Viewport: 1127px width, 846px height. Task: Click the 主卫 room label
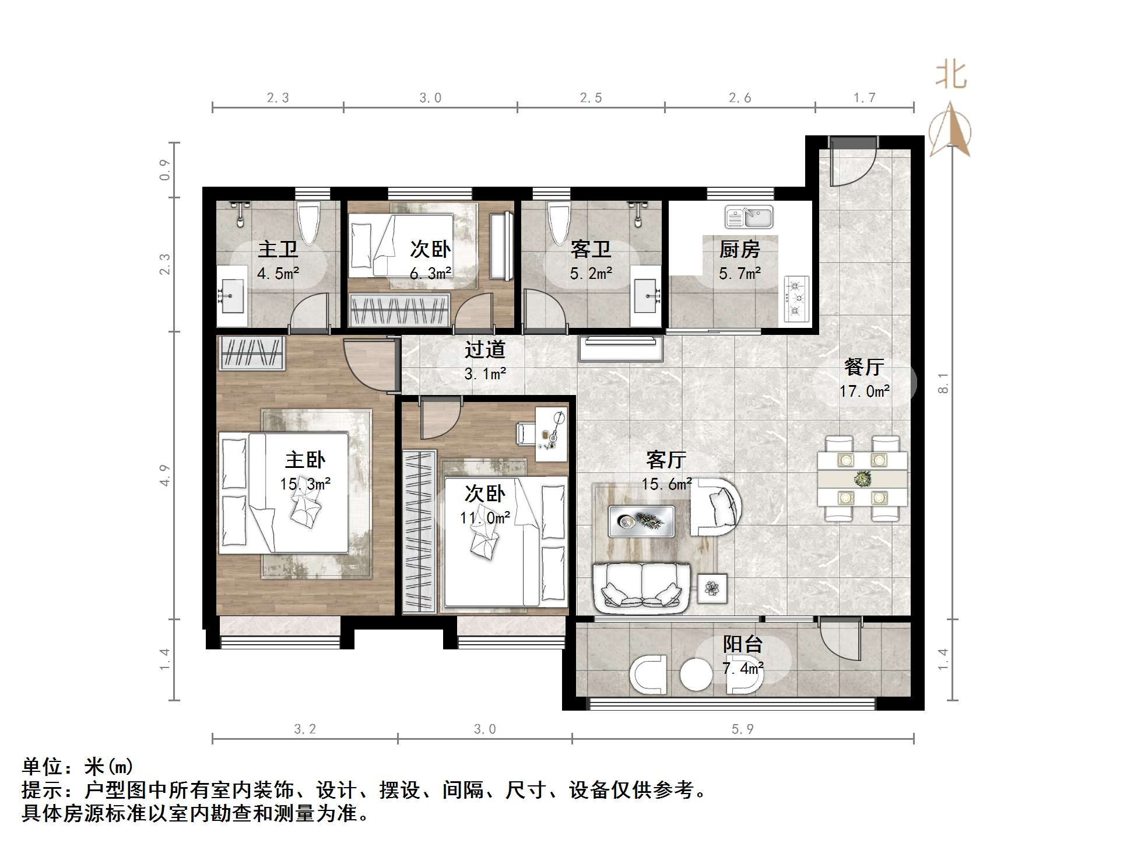pyautogui.click(x=278, y=250)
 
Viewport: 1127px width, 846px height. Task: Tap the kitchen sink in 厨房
pyautogui.click(x=749, y=217)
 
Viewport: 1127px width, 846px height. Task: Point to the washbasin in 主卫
pyautogui.click(x=232, y=296)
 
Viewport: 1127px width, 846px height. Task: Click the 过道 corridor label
pyautogui.click(x=484, y=349)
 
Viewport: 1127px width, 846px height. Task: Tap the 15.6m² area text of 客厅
pyautogui.click(x=666, y=484)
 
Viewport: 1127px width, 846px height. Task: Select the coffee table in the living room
pyautogui.click(x=641, y=520)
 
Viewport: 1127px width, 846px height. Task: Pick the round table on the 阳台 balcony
pyautogui.click(x=696, y=675)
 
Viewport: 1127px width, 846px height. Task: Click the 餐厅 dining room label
pyautogui.click(x=863, y=367)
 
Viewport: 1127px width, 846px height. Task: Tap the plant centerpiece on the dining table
pyautogui.click(x=862, y=479)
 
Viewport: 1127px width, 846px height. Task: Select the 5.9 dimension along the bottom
pyautogui.click(x=742, y=729)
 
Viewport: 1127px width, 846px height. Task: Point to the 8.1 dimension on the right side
pyautogui.click(x=943, y=383)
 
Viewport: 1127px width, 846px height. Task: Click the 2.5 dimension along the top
pyautogui.click(x=591, y=98)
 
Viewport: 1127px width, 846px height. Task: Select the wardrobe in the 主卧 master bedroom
pyautogui.click(x=251, y=353)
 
